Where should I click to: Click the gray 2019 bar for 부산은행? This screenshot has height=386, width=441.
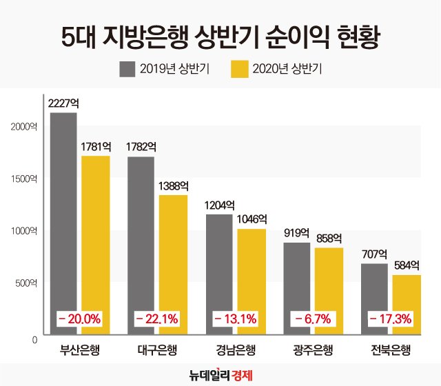tap(63, 221)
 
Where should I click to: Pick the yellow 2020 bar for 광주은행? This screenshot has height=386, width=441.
tap(329, 289)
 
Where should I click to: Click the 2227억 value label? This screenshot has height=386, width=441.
tap(63, 103)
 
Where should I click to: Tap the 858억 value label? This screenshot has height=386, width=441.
tap(329, 238)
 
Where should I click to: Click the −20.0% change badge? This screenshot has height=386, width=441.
tap(79, 318)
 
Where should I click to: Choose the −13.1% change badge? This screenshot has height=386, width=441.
tap(235, 318)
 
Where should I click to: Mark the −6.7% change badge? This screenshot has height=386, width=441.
tap(313, 318)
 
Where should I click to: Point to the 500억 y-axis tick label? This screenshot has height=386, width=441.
tap(27, 283)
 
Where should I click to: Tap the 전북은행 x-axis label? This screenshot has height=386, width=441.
tap(391, 349)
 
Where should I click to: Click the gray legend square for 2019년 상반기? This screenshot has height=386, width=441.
tap(127, 69)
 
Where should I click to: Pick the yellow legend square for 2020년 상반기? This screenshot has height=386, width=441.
tap(238, 69)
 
